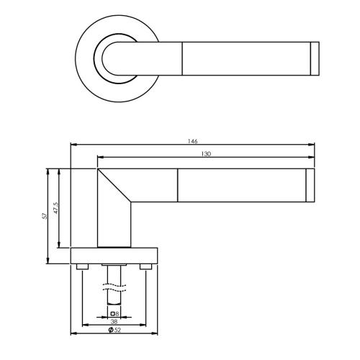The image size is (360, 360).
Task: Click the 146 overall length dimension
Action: click(x=192, y=142)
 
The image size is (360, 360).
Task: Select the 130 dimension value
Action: click(x=206, y=154)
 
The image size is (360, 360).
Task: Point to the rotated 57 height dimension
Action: click(x=45, y=216)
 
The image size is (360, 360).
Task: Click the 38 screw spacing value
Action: click(x=114, y=322)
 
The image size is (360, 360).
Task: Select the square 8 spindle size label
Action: click(x=114, y=313)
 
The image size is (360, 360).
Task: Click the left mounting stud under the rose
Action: click(x=82, y=268)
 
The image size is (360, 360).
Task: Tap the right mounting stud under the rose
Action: click(x=146, y=268)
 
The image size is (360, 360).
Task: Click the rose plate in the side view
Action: click(x=114, y=256)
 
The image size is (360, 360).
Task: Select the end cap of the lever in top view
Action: click(x=313, y=58)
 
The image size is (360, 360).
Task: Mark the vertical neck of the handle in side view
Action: click(x=114, y=223)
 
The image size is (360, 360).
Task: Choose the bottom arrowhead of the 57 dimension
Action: click(x=49, y=263)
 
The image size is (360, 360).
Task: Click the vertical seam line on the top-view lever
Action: click(x=183, y=58)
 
